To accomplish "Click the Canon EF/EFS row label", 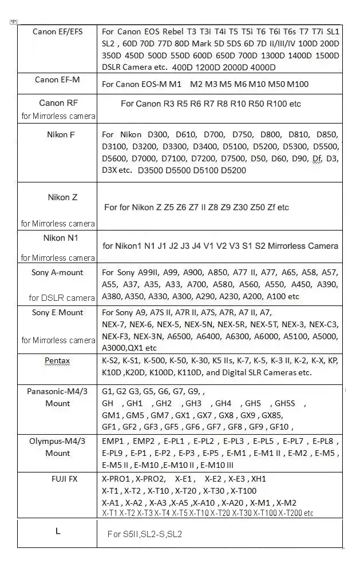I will click(x=57, y=31).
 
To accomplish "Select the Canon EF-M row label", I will click(x=57, y=80).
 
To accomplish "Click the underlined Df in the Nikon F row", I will click(x=316, y=158).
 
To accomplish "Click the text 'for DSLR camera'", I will click(x=62, y=297).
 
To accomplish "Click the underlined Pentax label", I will click(x=57, y=361).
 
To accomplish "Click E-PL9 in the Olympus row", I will click(x=115, y=453).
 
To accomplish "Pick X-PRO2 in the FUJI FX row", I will click(x=151, y=479).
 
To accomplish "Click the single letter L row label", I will click(x=58, y=531).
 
